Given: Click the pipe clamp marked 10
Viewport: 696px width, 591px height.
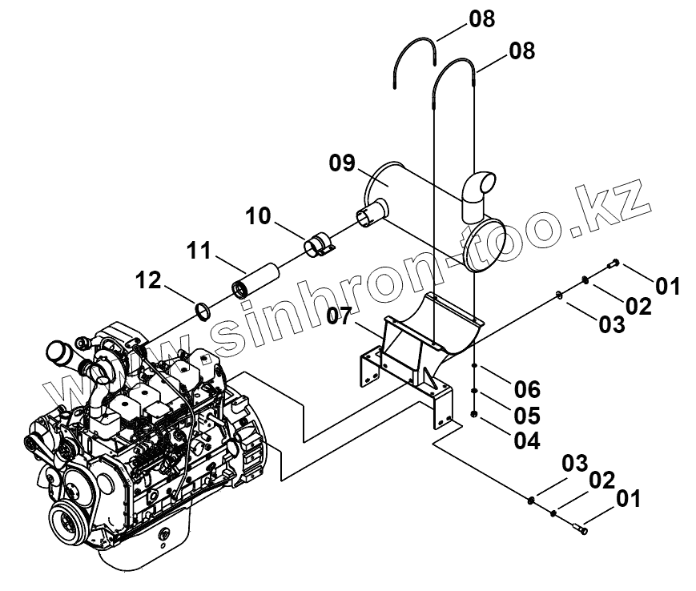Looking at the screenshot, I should pos(321,243).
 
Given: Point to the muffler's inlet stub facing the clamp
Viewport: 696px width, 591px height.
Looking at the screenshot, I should pos(370,214).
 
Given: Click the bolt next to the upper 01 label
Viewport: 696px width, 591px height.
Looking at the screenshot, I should pos(614,264).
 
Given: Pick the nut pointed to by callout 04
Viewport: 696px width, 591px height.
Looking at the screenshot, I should pos(475,414).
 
